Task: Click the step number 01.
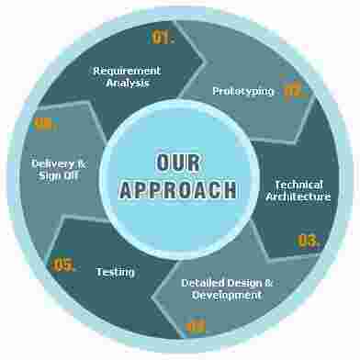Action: pos(163,38)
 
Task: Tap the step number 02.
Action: pos(293,90)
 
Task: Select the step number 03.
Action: pos(309,241)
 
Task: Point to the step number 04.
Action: pos(197,325)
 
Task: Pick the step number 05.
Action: pos(64,265)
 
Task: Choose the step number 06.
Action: pos(45,124)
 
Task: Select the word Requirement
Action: pos(127,71)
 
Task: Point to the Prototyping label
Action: pos(242,91)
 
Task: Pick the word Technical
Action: pos(298,184)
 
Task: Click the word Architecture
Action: pos(298,197)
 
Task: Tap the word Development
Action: pos(227,295)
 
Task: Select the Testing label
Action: pos(116,272)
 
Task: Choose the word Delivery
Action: pos(52,163)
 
